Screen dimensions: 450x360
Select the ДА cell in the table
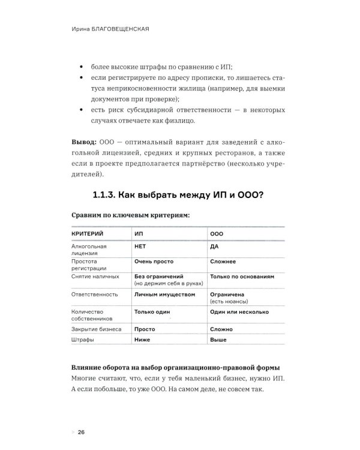tap(214, 246)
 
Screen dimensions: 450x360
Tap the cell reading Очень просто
tap(154, 262)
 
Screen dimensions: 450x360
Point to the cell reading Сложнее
tap(223, 262)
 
